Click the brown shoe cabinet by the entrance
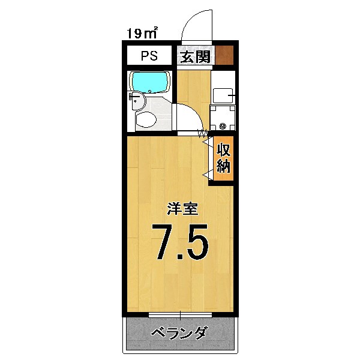tap(224, 56)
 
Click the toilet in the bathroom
tap(146, 119)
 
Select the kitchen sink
tap(222, 95)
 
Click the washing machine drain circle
tap(223, 126)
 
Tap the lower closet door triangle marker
tap(206, 175)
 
